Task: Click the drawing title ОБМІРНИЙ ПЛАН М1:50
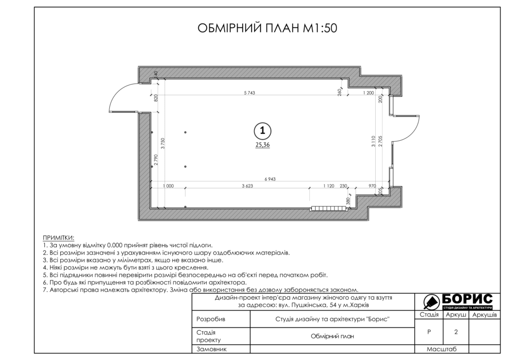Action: point(267,28)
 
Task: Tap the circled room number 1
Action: point(262,131)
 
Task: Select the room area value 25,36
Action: point(262,145)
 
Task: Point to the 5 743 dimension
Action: point(250,93)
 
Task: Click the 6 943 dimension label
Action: point(270,179)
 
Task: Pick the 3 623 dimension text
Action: point(247,186)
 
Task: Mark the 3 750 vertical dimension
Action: point(163,143)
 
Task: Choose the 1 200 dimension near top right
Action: point(368,93)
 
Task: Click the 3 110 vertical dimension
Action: point(373,141)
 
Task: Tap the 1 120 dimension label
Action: point(329,186)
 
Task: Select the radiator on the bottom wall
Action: point(329,208)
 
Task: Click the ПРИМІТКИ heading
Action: point(59,238)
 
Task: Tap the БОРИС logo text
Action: point(467,299)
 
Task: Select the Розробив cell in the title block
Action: point(211,319)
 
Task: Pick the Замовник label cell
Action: point(211,349)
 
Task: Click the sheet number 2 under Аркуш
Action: point(456,332)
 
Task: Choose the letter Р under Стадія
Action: point(429,332)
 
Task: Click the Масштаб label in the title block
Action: point(441,349)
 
